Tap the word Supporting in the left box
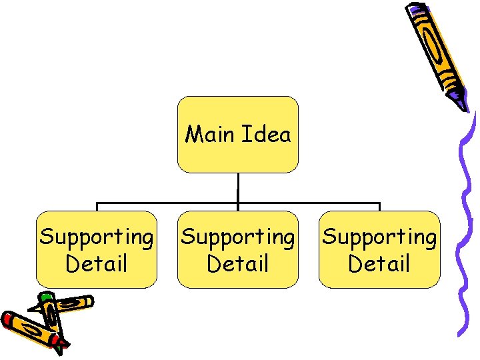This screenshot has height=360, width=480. (96, 237)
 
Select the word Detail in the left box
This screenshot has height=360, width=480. (96, 263)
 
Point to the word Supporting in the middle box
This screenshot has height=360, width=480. (237, 237)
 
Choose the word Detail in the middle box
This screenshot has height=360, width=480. (237, 263)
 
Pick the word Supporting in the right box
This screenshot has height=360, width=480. (379, 237)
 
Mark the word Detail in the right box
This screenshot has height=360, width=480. (379, 263)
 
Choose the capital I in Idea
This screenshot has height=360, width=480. (245, 135)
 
